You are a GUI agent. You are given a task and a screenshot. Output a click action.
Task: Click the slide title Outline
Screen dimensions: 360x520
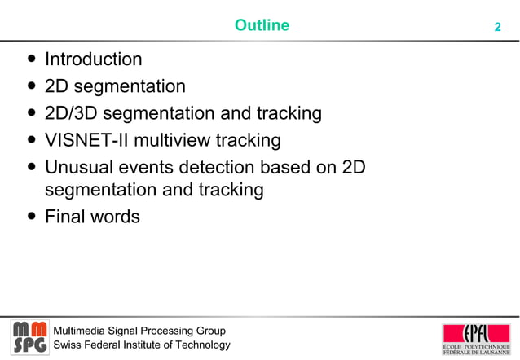click(x=262, y=25)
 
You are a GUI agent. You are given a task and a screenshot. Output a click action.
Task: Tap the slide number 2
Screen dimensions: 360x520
click(x=497, y=27)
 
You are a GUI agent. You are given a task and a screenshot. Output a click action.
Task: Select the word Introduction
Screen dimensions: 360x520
click(x=93, y=59)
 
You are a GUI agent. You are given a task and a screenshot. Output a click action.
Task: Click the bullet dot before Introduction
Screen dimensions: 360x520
click(x=31, y=59)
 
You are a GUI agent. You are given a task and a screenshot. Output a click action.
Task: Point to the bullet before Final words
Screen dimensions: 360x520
click(x=31, y=217)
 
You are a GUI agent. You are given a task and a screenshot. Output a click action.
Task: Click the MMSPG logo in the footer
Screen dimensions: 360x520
click(x=29, y=337)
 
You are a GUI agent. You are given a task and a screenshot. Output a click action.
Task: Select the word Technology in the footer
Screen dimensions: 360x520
click(x=201, y=345)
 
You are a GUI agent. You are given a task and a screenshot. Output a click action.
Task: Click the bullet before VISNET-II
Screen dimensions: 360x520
click(x=31, y=140)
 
